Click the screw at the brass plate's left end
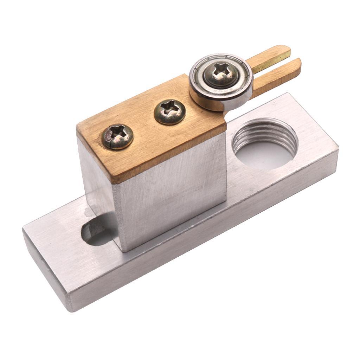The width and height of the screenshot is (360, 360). pos(117,136)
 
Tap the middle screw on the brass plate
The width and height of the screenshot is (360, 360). pos(169,111)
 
